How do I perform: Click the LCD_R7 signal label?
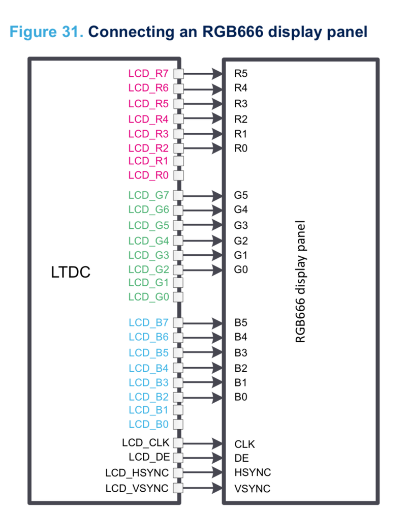click(x=148, y=73)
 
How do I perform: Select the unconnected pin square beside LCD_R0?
click(x=178, y=175)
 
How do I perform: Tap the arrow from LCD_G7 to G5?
click(x=203, y=195)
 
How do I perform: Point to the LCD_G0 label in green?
click(x=148, y=296)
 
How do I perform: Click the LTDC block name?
click(x=71, y=272)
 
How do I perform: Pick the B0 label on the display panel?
click(x=241, y=397)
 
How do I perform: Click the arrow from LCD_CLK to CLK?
click(x=203, y=443)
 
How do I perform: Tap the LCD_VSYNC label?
click(x=137, y=488)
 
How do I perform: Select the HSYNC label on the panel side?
click(x=253, y=473)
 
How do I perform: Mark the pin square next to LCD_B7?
click(x=178, y=322)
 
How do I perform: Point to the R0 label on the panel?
click(x=241, y=148)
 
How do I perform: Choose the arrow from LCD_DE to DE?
click(x=203, y=458)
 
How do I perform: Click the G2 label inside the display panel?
click(x=241, y=240)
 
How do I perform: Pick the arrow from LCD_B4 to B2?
click(x=203, y=367)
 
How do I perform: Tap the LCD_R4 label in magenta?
click(x=148, y=119)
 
